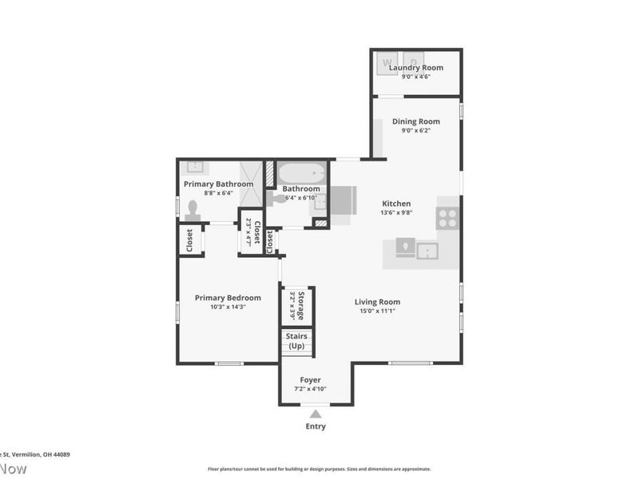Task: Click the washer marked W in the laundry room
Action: pyautogui.click(x=389, y=61)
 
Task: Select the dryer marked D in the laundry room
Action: pyautogui.click(x=414, y=61)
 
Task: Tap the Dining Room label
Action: pyautogui.click(x=415, y=121)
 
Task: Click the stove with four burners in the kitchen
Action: pyautogui.click(x=447, y=218)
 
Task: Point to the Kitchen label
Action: pyautogui.click(x=396, y=204)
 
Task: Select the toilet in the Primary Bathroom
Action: pyautogui.click(x=192, y=210)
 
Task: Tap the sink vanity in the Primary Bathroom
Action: pyautogui.click(x=194, y=168)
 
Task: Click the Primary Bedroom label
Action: pyautogui.click(x=228, y=298)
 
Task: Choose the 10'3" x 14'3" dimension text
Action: pyautogui.click(x=228, y=307)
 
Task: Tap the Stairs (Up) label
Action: pyautogui.click(x=296, y=342)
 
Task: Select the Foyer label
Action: pyautogui.click(x=311, y=380)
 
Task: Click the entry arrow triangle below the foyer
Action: pyautogui.click(x=316, y=414)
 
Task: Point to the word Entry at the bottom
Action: pyautogui.click(x=316, y=426)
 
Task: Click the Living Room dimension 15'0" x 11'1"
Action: pyautogui.click(x=377, y=311)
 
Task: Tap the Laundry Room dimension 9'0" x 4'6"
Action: pyautogui.click(x=415, y=77)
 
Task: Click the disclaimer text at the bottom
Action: pyautogui.click(x=319, y=469)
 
